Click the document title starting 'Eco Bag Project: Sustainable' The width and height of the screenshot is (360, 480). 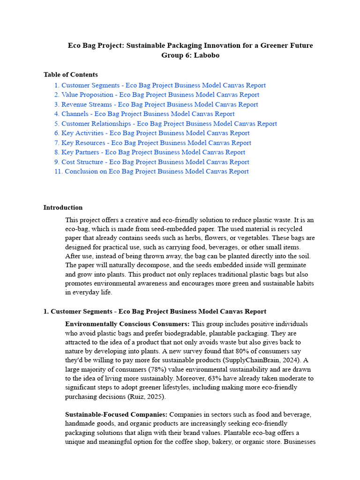pyautogui.click(x=190, y=45)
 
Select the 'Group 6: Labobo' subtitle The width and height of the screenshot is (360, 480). pyautogui.click(x=190, y=55)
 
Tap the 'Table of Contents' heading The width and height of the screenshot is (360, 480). pyautogui.click(x=71, y=75)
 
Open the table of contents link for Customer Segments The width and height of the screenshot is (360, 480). pyautogui.click(x=160, y=85)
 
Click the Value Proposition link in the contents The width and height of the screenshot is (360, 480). pyautogui.click(x=157, y=95)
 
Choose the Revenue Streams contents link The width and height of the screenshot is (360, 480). pyautogui.click(x=156, y=105)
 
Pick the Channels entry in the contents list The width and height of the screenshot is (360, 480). pyautogui.click(x=144, y=114)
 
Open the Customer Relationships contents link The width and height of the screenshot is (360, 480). pyautogui.click(x=165, y=124)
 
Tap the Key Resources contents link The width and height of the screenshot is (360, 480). pyautogui.click(x=153, y=143)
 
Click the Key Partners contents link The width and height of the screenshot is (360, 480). pyautogui.click(x=150, y=152)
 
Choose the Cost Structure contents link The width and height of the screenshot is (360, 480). pyautogui.click(x=152, y=162)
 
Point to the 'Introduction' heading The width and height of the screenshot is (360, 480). pyautogui.click(x=63, y=208)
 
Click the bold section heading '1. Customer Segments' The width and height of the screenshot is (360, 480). pyautogui.click(x=155, y=311)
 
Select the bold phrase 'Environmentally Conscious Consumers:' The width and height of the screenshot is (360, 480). pyautogui.click(x=127, y=324)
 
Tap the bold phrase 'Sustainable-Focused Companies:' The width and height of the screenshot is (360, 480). pyautogui.click(x=116, y=415)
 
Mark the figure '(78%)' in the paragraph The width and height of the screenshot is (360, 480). pyautogui.click(x=152, y=369)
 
